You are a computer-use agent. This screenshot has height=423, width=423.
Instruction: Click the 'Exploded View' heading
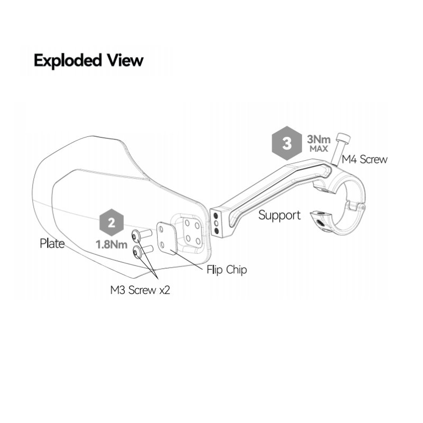pyautogui.click(x=88, y=60)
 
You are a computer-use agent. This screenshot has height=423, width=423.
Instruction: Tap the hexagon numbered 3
pyautogui.click(x=287, y=143)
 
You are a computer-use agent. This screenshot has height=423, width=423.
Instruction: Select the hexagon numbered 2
pyautogui.click(x=111, y=223)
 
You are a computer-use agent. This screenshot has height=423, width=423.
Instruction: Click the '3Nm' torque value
pyautogui.click(x=319, y=140)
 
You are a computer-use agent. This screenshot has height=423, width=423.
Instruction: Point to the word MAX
pyautogui.click(x=319, y=149)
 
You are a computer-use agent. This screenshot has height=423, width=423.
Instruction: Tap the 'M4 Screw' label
pyautogui.click(x=364, y=159)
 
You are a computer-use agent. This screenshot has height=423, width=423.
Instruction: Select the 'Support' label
pyautogui.click(x=279, y=215)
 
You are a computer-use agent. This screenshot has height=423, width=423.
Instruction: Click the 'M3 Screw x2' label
pyautogui.click(x=140, y=290)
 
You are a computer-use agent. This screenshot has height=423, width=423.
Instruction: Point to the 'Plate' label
pyautogui.click(x=52, y=244)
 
